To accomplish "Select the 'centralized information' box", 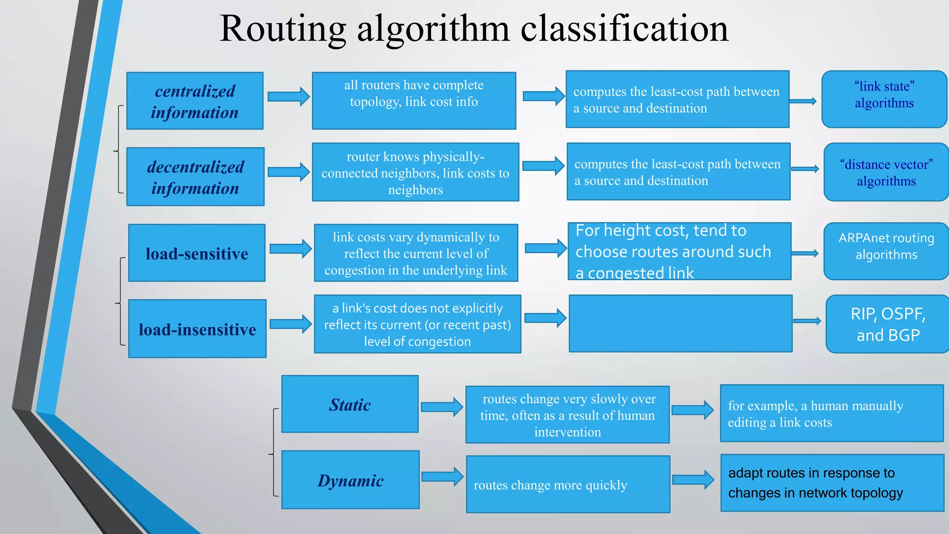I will pos(195,101).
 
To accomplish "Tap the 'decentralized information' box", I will pos(196,177).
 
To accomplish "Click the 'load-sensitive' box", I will pos(197,253).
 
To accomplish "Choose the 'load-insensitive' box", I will pos(197,329).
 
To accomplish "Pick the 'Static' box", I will pos(350,404).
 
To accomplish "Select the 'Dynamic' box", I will pos(350,480).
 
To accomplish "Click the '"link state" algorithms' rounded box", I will pos(884,99).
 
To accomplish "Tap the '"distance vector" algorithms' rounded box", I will pos(886,172).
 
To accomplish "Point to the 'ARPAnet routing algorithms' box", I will pos(886,251).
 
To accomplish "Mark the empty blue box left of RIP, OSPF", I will pos(680,324).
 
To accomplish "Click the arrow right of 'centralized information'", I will pos(289,96).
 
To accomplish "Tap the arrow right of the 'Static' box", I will pos(442,407).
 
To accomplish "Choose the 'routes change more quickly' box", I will pos(568,484).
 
